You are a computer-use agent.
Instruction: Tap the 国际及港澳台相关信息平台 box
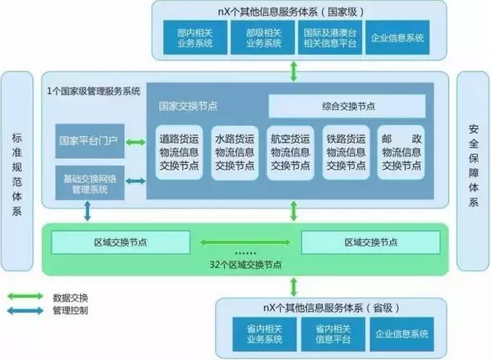[x=331, y=37]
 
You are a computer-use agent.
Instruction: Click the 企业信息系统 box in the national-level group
[x=397, y=37]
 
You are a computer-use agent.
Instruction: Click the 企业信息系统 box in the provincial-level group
[x=401, y=334]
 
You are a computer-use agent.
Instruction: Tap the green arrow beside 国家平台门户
[x=135, y=141]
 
